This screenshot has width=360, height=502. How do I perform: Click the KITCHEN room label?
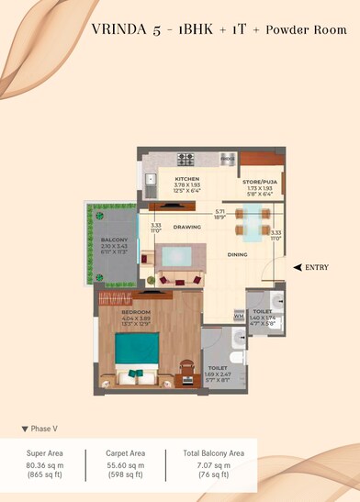tap(187, 179)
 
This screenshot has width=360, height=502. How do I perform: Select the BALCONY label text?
tap(113, 240)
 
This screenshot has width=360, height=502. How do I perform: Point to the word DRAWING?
tap(187, 226)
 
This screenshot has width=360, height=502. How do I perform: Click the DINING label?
tap(238, 254)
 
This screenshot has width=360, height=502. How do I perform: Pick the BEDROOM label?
tap(136, 313)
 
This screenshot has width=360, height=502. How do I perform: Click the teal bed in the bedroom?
tap(137, 355)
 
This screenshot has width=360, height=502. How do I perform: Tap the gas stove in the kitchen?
tap(186, 157)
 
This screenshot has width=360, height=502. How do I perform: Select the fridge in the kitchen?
tap(228, 158)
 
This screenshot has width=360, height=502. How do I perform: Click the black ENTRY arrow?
tap(298, 266)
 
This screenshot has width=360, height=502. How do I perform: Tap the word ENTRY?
tap(317, 266)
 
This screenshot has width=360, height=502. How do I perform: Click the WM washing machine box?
tap(239, 317)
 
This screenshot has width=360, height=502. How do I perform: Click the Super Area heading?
tap(45, 452)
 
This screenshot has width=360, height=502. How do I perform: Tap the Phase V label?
tap(42, 429)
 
